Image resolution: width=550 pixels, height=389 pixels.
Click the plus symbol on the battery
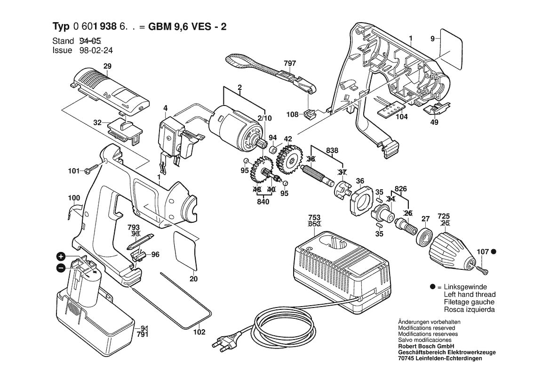pos(61,257)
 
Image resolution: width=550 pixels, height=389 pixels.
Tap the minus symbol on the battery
pos(61,267)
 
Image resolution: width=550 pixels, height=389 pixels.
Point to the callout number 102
pos(199,332)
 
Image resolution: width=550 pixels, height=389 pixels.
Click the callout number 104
pos(401,117)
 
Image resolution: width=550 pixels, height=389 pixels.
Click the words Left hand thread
pos(468,294)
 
